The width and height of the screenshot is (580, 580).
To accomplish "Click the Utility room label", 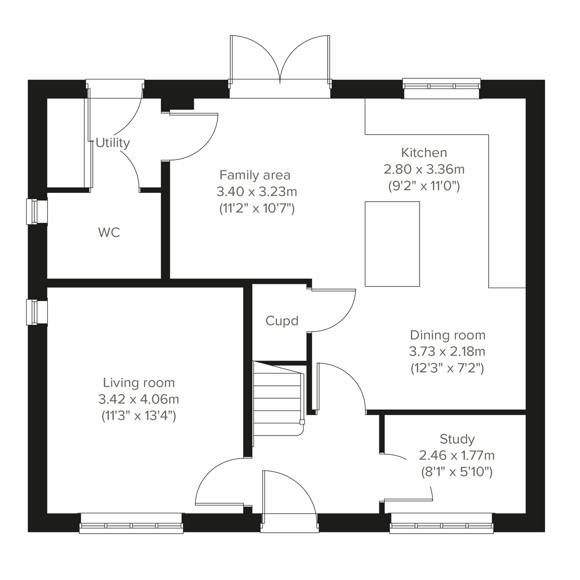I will tap(113, 143).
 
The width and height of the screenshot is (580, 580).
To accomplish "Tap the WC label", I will tap(109, 233).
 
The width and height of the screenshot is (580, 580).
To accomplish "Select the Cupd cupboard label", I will tap(282, 321).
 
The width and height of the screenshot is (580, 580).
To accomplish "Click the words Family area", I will tap(255, 174).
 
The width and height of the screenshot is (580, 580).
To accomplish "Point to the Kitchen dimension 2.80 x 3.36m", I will tap(424, 169).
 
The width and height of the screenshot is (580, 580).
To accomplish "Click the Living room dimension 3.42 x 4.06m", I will tap(138, 399).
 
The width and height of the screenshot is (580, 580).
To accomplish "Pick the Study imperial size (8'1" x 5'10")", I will tap(456, 472).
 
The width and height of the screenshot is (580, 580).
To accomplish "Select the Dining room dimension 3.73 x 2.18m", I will tap(447, 351).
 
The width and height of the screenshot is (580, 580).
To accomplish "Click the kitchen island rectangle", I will tap(392, 244).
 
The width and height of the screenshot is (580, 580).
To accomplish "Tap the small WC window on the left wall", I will tap(37, 212).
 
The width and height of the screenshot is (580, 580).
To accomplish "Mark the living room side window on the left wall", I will tap(37, 312).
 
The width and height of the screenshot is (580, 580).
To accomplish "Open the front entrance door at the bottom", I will tap(288, 498).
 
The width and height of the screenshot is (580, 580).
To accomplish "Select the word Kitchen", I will tap(424, 153).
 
